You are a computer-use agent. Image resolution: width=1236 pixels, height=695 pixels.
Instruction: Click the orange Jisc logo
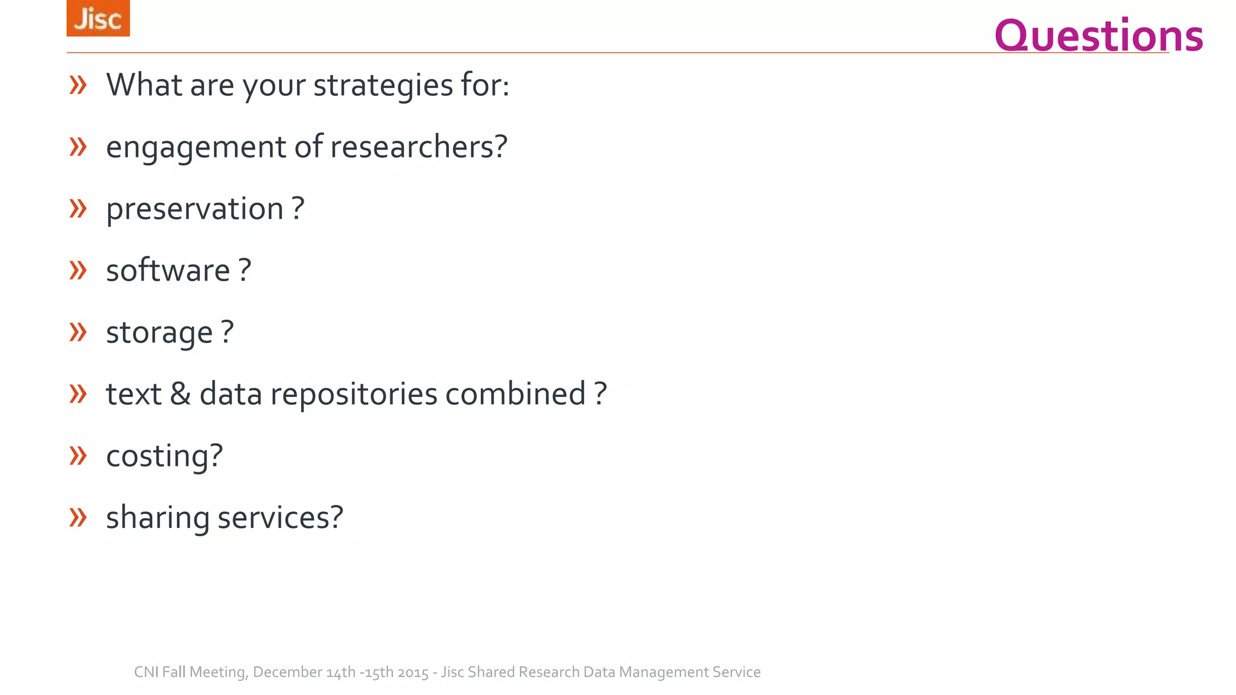98,18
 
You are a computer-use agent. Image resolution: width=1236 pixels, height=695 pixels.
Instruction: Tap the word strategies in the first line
383,84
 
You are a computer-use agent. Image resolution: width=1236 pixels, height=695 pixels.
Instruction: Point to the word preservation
194,209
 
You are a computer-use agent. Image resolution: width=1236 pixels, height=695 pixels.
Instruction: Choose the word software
168,270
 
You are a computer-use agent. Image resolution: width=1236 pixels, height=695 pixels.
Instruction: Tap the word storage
159,332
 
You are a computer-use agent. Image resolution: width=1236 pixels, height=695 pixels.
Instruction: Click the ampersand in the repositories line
180,394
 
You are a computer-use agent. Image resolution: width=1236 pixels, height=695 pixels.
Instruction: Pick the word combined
515,394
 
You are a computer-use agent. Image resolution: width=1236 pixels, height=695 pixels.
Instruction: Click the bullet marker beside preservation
78,209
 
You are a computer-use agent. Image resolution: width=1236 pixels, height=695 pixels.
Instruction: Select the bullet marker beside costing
78,455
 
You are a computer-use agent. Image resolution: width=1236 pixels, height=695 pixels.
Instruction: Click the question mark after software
244,270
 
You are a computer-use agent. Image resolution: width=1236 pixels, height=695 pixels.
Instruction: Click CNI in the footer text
146,672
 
